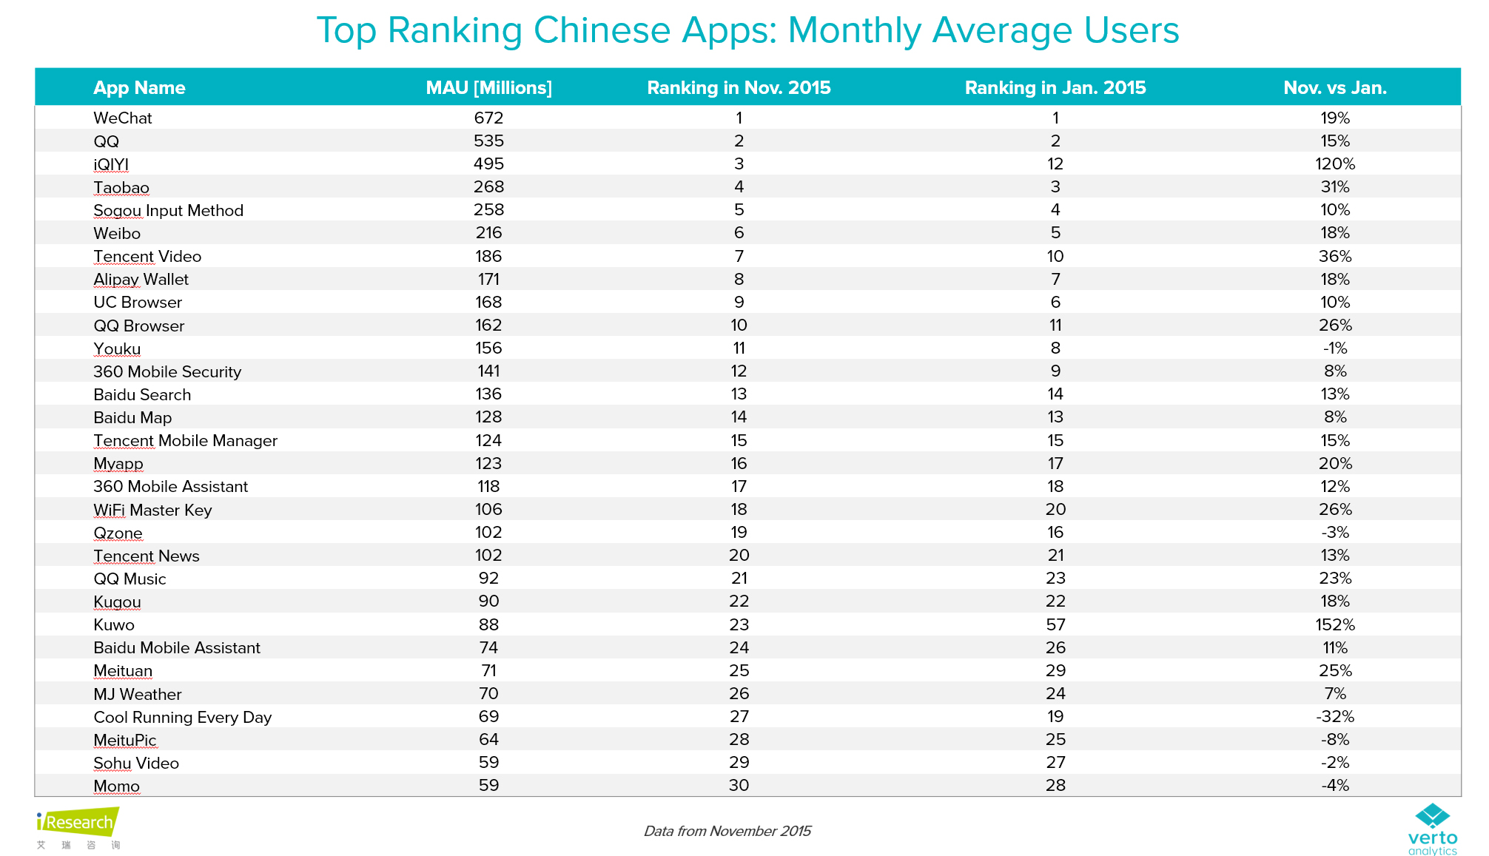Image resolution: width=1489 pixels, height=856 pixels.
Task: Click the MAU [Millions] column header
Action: [x=488, y=88]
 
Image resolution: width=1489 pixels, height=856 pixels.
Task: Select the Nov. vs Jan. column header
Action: [x=1334, y=88]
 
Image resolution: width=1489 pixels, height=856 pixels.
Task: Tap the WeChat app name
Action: [x=123, y=118]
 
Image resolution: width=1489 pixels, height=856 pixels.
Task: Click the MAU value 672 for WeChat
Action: [x=488, y=118]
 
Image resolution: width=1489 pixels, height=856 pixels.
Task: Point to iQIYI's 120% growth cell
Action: [x=1334, y=164]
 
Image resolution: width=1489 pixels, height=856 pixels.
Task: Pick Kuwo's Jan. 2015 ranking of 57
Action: [x=1055, y=625]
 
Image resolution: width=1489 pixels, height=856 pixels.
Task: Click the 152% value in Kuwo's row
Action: [x=1334, y=625]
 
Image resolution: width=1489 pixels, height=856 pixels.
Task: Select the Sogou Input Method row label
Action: [x=168, y=211]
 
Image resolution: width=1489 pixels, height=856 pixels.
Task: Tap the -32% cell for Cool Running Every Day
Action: [x=1334, y=717]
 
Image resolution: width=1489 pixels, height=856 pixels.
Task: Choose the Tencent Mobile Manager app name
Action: [x=185, y=441]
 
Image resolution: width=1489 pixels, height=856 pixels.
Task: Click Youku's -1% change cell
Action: [x=1334, y=348]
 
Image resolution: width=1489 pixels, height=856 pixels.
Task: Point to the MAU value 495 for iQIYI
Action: [x=488, y=164]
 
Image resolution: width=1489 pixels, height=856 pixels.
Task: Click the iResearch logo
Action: [x=78, y=823]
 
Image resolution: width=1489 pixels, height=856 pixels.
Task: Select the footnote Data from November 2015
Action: [x=727, y=831]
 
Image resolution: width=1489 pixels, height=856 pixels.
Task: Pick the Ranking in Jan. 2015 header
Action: [x=1055, y=88]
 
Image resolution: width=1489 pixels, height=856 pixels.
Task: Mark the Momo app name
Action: [x=116, y=786]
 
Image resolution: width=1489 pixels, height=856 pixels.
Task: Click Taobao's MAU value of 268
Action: [x=488, y=187]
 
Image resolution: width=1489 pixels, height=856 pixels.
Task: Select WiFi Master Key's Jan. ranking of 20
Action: [x=1055, y=510]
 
